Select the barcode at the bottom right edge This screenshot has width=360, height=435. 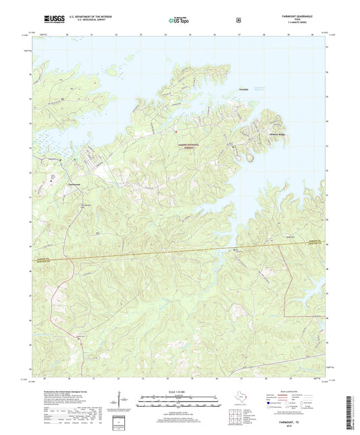pos(354,413)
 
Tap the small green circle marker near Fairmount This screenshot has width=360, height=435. pos(60,159)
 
